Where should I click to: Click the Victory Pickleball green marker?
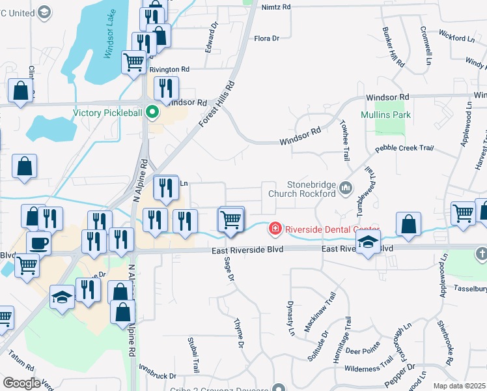click(x=152, y=112)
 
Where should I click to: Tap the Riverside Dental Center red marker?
click(x=275, y=229)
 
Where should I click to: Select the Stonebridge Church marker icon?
click(x=345, y=189)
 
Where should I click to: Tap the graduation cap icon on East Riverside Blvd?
click(x=368, y=243)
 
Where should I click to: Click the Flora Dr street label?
click(x=266, y=38)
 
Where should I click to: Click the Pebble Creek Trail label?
click(x=404, y=148)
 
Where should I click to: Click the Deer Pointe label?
click(x=363, y=351)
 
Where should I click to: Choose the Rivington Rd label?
click(x=169, y=69)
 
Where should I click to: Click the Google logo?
click(x=21, y=383)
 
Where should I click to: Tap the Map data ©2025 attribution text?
click(x=460, y=386)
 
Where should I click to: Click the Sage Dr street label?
click(x=229, y=269)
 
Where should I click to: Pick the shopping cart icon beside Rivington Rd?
click(x=133, y=63)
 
